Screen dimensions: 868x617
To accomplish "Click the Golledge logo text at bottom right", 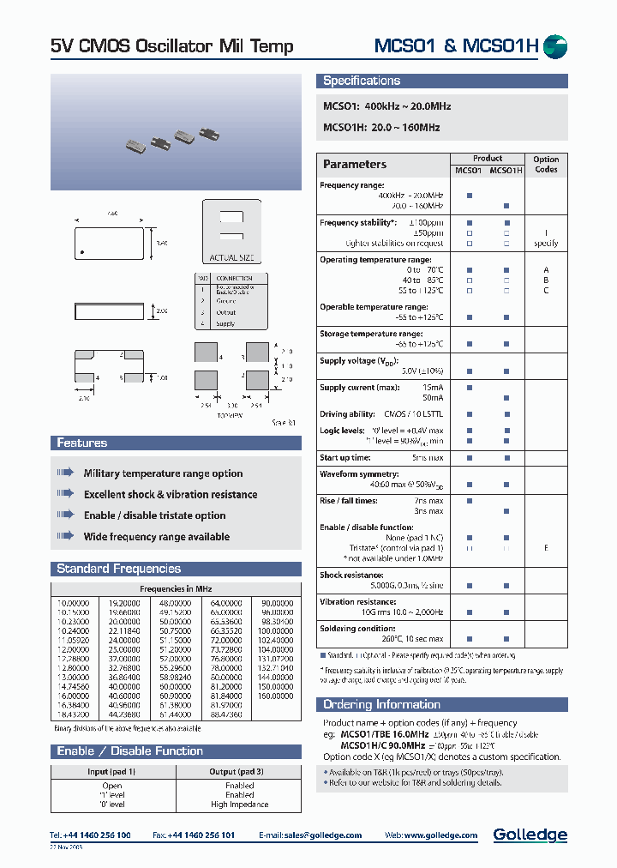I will tap(530, 835).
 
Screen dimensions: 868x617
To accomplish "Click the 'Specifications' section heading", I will tap(362, 81).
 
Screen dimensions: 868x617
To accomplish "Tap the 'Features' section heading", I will tap(82, 443).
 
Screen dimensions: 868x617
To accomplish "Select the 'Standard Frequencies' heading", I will tap(118, 569).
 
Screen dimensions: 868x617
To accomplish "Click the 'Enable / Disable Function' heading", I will tap(129, 750).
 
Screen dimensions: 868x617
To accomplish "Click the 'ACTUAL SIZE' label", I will tap(231, 257).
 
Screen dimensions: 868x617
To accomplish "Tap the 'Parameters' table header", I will tap(355, 165).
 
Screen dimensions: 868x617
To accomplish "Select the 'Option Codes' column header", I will tap(546, 164).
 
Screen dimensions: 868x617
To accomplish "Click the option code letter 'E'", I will tap(546, 547).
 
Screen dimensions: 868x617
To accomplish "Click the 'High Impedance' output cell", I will tap(239, 805).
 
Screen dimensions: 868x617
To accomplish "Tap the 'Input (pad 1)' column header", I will tap(111, 771).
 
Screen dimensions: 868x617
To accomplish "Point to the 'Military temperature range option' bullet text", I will tap(163, 473).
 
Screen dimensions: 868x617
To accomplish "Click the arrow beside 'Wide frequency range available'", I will tap(66, 536).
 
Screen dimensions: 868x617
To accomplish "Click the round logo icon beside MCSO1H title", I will tap(556, 46).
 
